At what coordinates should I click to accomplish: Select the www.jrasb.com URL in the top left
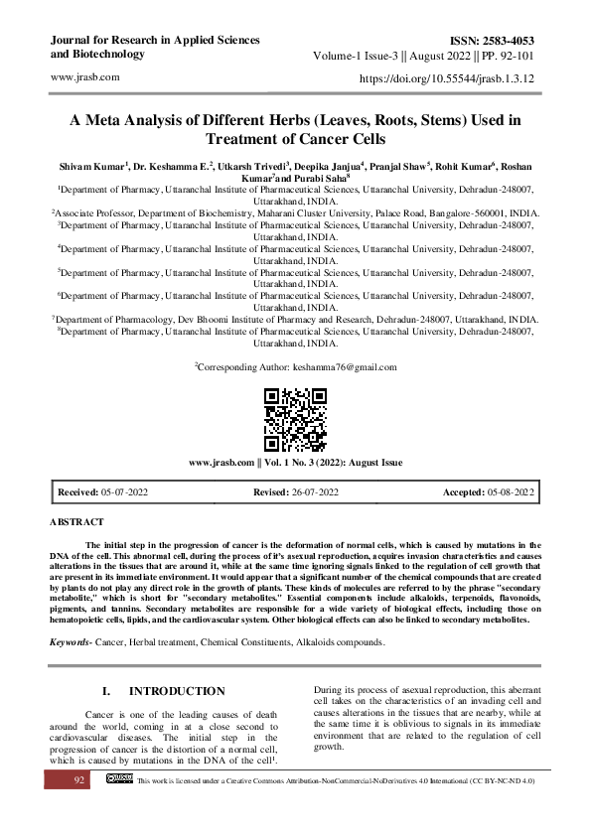[84, 76]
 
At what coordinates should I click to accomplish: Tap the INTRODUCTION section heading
[177, 691]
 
